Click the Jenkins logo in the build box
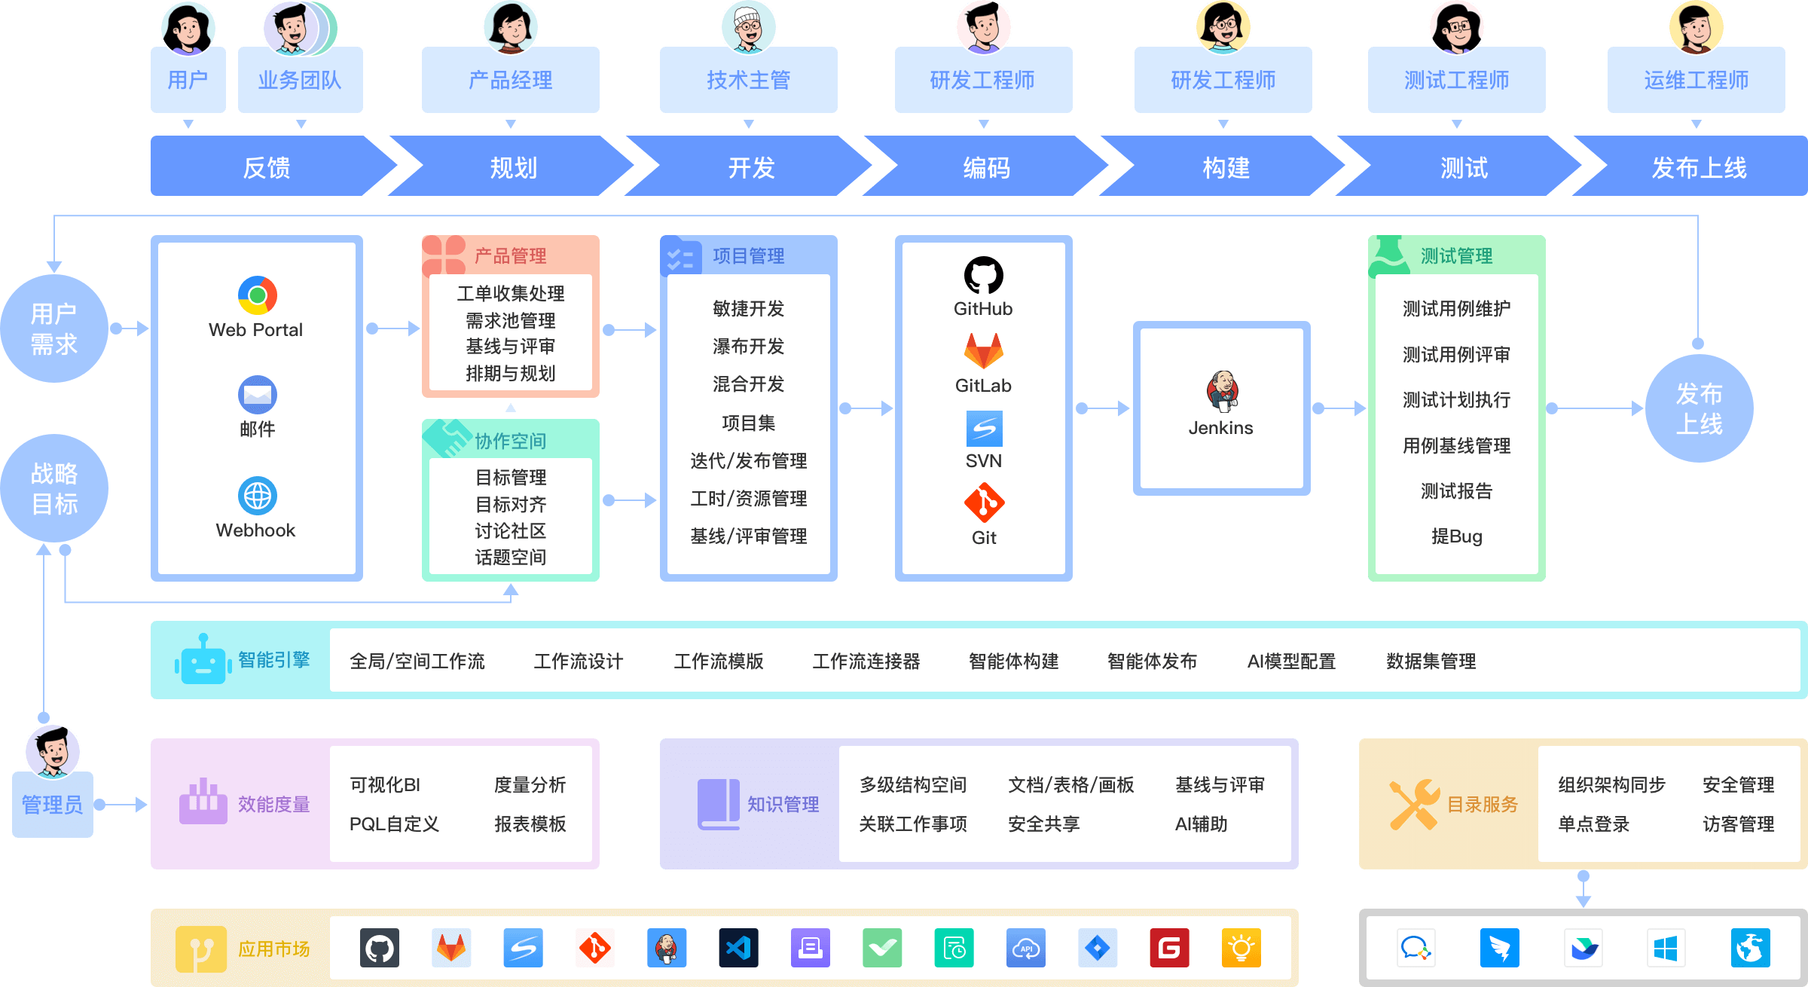(1222, 391)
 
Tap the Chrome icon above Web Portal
(257, 295)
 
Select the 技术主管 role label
(748, 80)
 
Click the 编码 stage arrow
(985, 167)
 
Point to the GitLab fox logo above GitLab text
(984, 351)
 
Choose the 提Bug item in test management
(1456, 536)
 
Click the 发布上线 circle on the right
(1699, 408)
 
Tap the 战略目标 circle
(54, 488)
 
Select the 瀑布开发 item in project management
(748, 347)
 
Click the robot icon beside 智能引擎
(203, 660)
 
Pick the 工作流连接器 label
(866, 662)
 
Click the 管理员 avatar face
(53, 750)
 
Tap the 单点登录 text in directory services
(1593, 824)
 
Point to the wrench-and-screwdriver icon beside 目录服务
(1414, 804)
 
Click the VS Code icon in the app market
(738, 948)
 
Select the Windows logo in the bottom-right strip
(1665, 948)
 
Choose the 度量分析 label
(530, 785)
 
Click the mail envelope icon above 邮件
(257, 394)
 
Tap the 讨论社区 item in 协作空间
(510, 531)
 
